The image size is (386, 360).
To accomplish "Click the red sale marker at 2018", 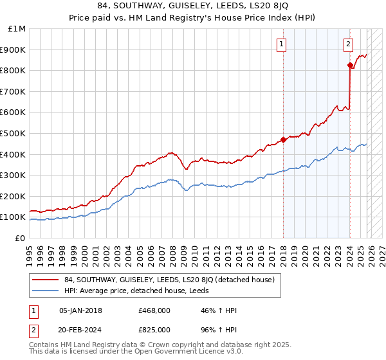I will pyautogui.click(x=283, y=140).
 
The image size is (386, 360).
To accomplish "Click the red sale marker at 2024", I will pyautogui.click(x=350, y=65).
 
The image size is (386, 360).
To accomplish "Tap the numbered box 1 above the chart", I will pyautogui.click(x=282, y=44).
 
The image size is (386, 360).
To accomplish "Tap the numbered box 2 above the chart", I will pyautogui.click(x=348, y=44).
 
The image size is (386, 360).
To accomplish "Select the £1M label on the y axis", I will pyautogui.click(x=17, y=28).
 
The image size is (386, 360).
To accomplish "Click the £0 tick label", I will pyautogui.click(x=19, y=238).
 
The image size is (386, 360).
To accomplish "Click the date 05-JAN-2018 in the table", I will pyautogui.click(x=80, y=310).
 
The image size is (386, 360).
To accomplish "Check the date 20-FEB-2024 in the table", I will pyautogui.click(x=80, y=329).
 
